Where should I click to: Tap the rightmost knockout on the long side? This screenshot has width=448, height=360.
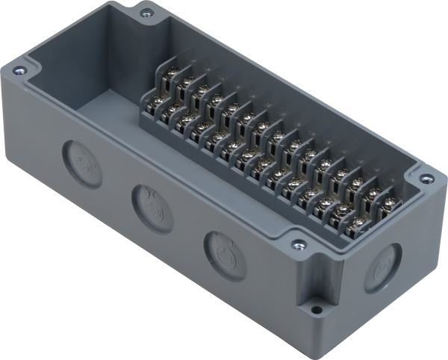[x=222, y=246]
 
